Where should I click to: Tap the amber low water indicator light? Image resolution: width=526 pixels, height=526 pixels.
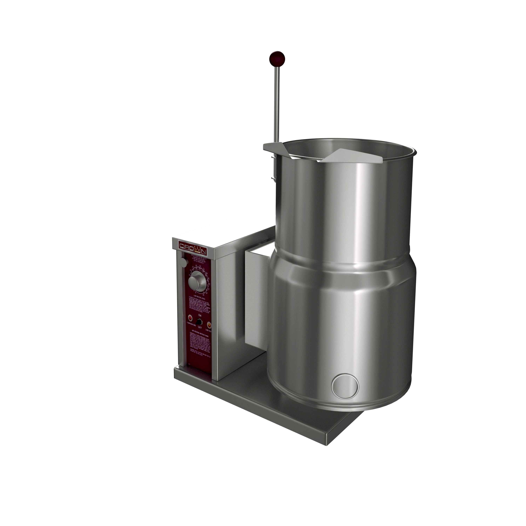209,325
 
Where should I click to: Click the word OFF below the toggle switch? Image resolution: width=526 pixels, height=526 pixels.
200,327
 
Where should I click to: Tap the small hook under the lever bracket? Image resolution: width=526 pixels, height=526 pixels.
273,178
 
